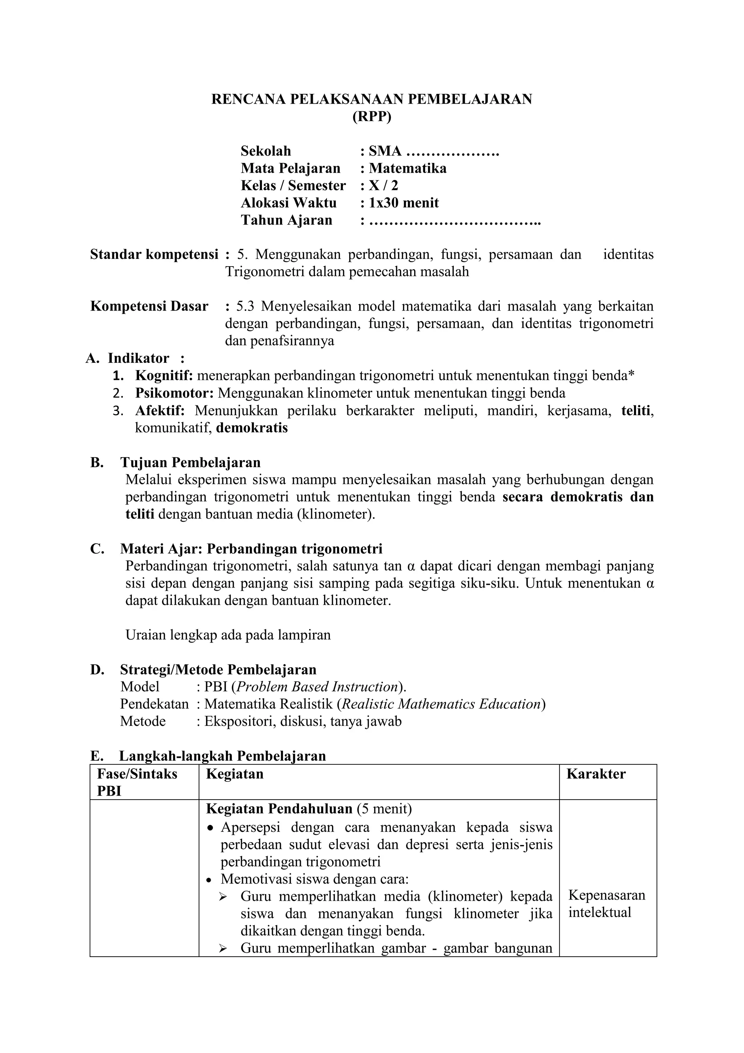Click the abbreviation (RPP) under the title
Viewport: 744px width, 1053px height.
pos(372,117)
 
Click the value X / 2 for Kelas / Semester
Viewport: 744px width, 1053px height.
pos(384,186)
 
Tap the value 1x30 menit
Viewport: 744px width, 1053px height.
pos(404,203)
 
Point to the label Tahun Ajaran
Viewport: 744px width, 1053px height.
pos(286,220)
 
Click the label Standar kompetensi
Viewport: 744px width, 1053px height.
pos(154,255)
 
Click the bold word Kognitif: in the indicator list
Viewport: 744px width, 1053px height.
pos(164,376)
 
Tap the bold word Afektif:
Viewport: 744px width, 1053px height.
pos(159,411)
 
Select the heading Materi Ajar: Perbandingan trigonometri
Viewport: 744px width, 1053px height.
pos(251,549)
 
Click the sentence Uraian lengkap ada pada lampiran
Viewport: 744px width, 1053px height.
pos(228,635)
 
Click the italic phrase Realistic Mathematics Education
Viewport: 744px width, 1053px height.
pos(442,704)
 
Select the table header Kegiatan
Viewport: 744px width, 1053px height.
pos(235,774)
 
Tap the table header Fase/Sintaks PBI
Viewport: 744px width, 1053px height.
pos(137,782)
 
